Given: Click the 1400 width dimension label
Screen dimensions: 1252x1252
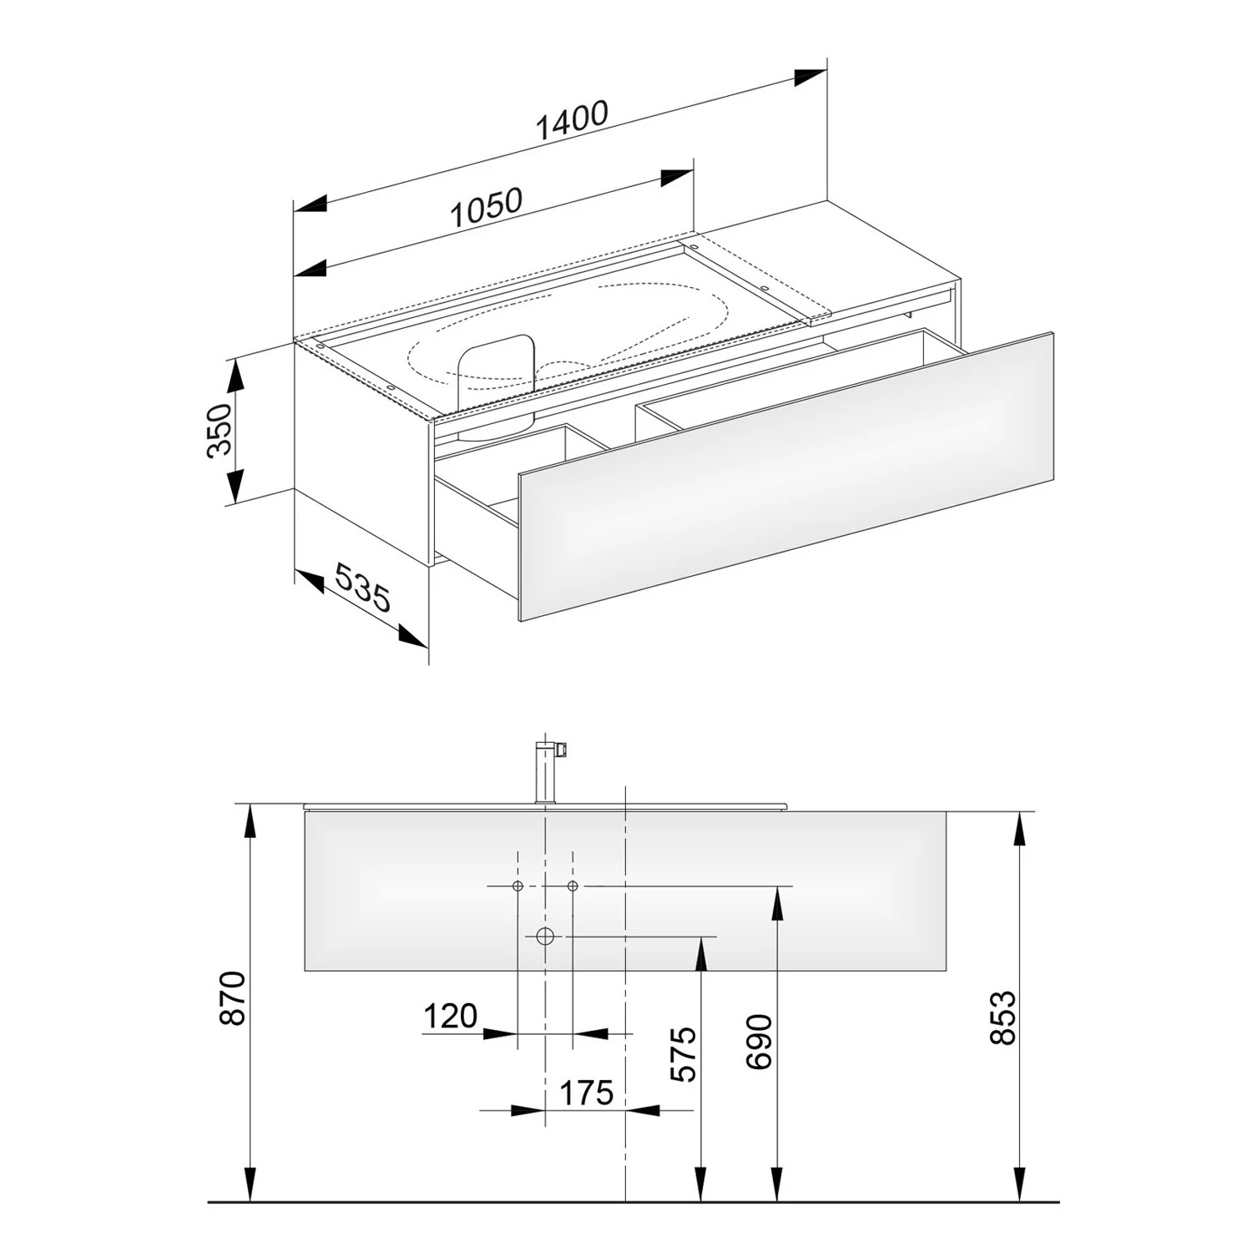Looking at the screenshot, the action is coord(572,121).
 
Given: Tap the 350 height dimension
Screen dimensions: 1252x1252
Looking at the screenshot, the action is coord(220,430).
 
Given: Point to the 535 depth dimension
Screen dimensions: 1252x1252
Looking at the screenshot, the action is coord(362,586).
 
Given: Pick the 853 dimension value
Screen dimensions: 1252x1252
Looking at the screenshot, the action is coord(1002,1017).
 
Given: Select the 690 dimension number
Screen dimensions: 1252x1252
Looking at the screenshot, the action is coord(759,1042).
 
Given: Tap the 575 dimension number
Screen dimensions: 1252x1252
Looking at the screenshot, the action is coord(683,1054).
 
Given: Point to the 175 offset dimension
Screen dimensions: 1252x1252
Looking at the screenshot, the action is coord(587,1092).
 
